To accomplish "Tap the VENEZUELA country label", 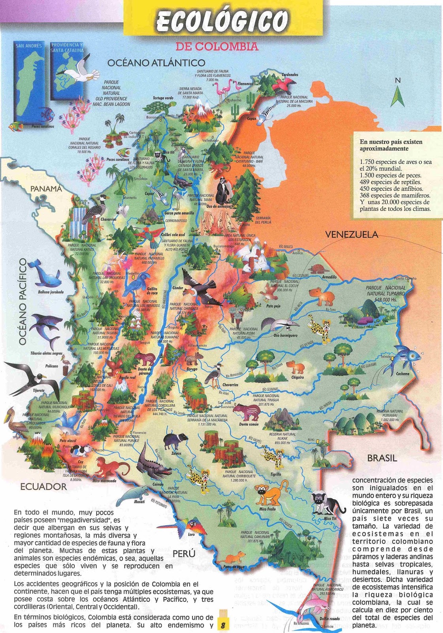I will pyautogui.click(x=351, y=235).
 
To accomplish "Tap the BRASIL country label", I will pyautogui.click(x=382, y=458).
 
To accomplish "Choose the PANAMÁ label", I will pyautogui.click(x=47, y=189).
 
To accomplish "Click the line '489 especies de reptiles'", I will pyautogui.click(x=390, y=182).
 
